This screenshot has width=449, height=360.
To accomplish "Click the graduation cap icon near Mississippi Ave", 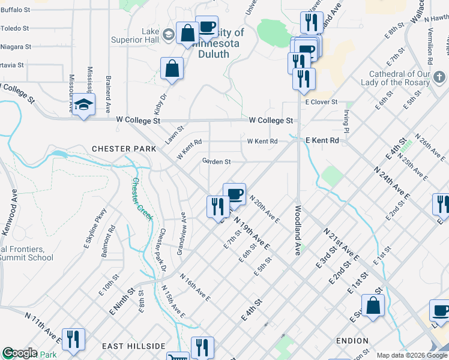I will pos(84,105).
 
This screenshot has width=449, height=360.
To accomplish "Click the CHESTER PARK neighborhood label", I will pos(118,148).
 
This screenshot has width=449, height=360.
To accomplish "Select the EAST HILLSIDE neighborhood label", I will pos(133,346).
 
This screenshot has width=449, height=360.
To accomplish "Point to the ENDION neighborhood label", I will pos(352,340).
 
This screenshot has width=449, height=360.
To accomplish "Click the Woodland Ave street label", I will pos(297,231).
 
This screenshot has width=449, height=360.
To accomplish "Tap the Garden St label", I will pos(216,161).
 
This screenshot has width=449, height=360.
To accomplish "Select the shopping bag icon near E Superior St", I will pos(373,305).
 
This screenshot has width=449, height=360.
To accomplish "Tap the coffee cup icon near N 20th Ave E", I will pos(234,194).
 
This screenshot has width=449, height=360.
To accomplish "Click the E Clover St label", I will pos(322,103).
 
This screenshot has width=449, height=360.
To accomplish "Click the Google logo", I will pos(19,353).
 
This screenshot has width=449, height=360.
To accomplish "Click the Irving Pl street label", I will pos(346,121).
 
